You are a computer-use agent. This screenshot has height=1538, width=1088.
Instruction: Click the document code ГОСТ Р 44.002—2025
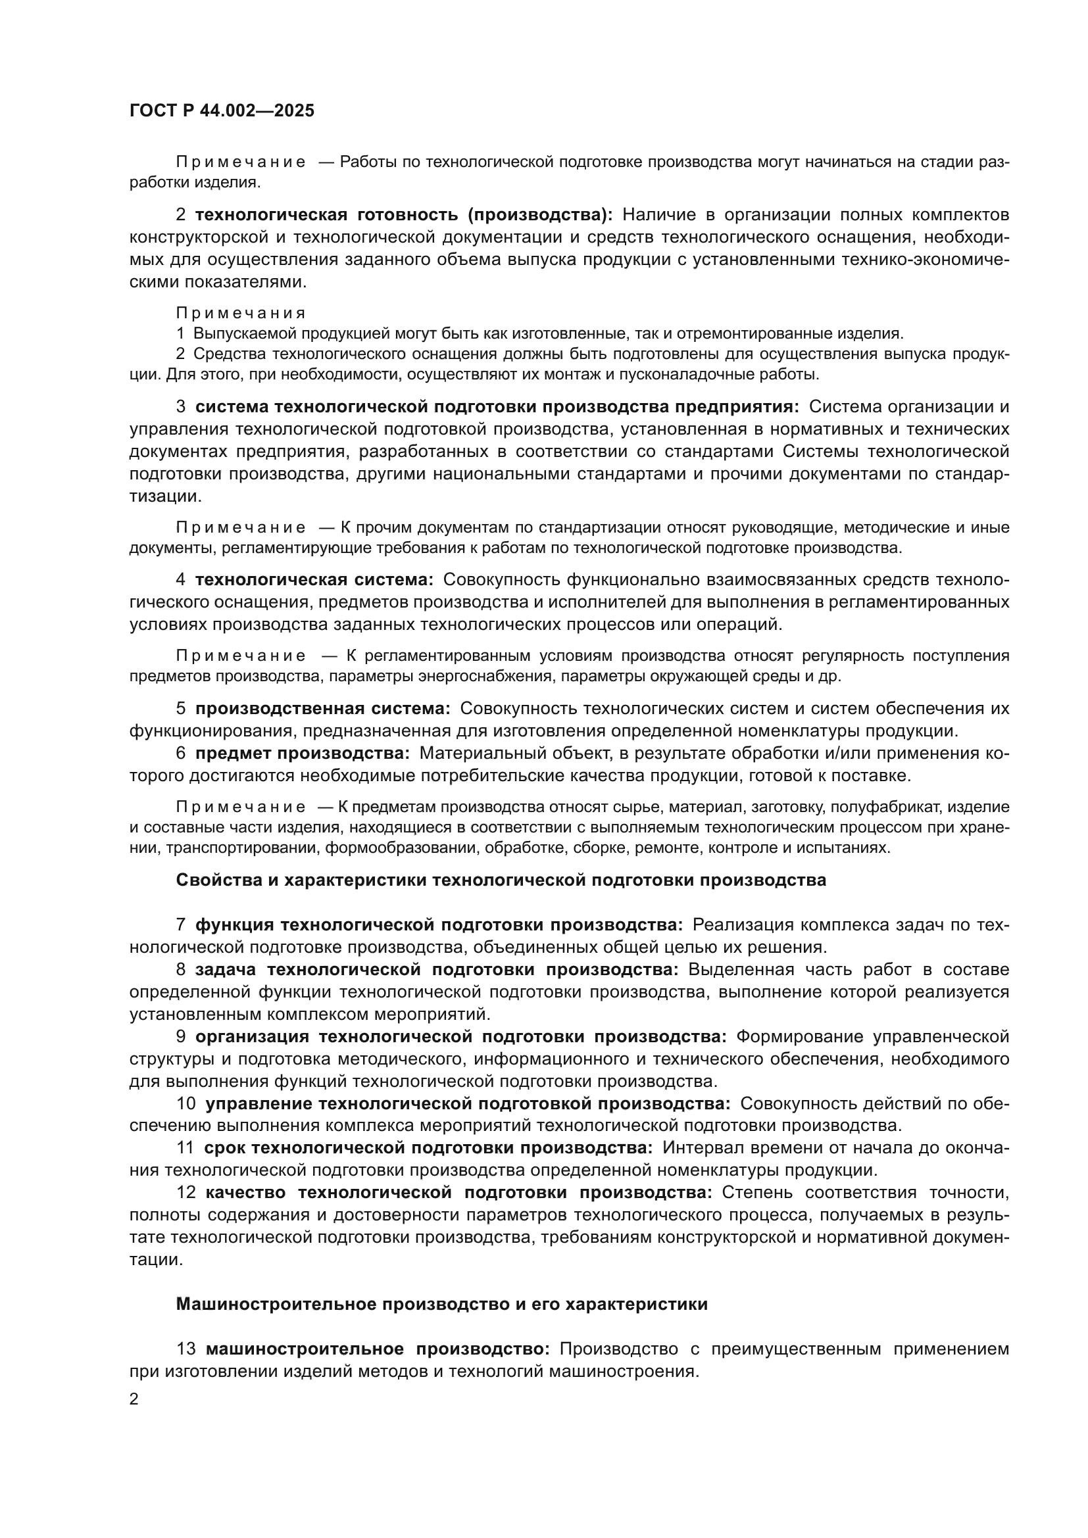(x=222, y=111)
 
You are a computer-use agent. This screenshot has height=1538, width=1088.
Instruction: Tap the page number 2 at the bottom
(x=134, y=1399)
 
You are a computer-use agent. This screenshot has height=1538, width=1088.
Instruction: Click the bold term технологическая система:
(x=314, y=579)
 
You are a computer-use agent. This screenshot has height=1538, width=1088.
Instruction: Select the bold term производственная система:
(x=323, y=709)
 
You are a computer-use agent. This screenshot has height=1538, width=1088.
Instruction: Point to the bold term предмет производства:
(x=302, y=753)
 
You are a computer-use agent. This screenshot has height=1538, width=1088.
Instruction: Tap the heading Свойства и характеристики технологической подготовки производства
(x=501, y=880)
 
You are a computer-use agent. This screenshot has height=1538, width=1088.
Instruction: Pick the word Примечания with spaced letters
(x=241, y=314)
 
